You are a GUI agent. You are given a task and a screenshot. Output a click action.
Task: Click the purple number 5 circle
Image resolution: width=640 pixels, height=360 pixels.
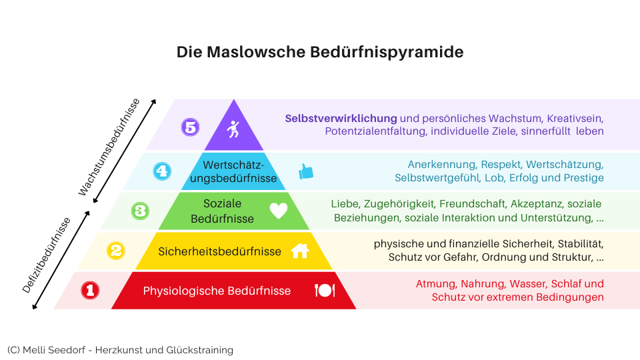click(x=190, y=127)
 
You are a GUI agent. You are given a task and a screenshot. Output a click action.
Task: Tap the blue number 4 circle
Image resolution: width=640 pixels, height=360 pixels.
click(x=162, y=171)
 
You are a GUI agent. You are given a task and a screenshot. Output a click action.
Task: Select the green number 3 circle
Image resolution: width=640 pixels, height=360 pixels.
click(x=140, y=211)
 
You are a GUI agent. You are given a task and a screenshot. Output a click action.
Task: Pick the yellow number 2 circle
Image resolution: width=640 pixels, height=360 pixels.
click(x=116, y=251)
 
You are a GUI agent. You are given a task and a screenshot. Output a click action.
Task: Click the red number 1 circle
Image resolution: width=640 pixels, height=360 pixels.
click(x=90, y=290)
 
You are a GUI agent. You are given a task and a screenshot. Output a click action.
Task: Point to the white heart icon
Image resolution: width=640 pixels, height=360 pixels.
click(x=279, y=211)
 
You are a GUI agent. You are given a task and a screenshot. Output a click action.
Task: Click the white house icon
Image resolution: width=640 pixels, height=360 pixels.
click(x=300, y=251)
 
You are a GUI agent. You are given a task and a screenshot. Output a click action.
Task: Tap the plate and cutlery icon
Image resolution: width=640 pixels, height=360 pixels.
click(x=325, y=290)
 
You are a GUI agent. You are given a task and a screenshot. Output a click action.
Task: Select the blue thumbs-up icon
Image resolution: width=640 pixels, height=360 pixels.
click(x=306, y=171)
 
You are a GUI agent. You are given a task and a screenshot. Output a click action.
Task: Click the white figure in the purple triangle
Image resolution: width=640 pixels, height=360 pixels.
click(x=233, y=129)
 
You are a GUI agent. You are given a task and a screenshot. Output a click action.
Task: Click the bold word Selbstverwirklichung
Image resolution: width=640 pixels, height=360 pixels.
click(x=341, y=119)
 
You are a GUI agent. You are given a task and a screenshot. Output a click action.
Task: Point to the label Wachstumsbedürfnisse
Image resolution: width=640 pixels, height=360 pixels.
click(x=109, y=147)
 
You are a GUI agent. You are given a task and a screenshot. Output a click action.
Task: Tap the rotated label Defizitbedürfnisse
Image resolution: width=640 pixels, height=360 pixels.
click(x=47, y=255)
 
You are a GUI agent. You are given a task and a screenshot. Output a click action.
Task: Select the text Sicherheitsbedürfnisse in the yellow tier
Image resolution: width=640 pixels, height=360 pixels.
click(x=219, y=251)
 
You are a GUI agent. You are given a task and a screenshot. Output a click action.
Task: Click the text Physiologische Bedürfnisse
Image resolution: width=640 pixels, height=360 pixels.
click(x=217, y=291)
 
